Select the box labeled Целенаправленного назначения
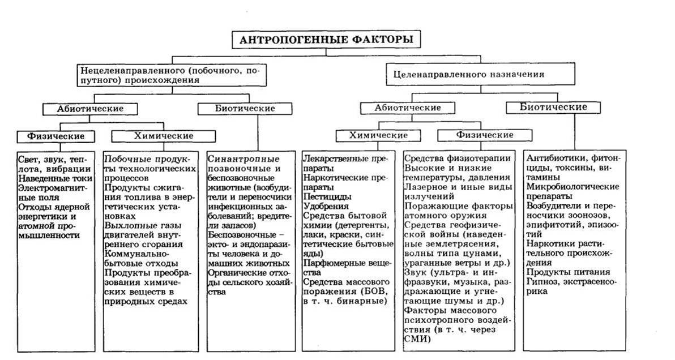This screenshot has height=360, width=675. (x=465, y=74)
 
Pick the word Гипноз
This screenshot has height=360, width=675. (x=542, y=281)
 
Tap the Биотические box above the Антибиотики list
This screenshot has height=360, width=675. (x=553, y=107)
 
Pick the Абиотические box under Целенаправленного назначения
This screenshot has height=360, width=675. (x=408, y=108)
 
